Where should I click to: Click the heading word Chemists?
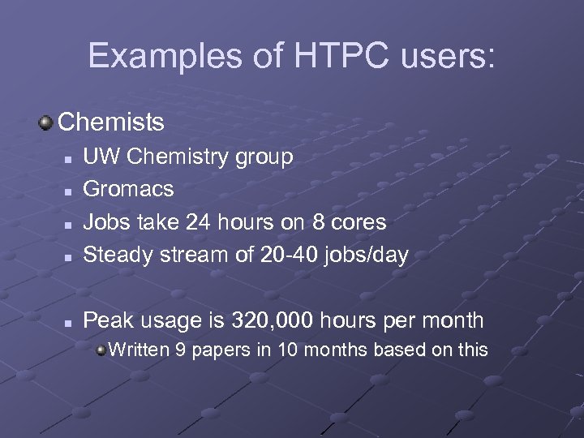point(111,122)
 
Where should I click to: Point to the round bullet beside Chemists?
point(46,122)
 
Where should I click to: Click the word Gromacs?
point(129,189)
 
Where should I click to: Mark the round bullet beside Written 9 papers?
point(100,350)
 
